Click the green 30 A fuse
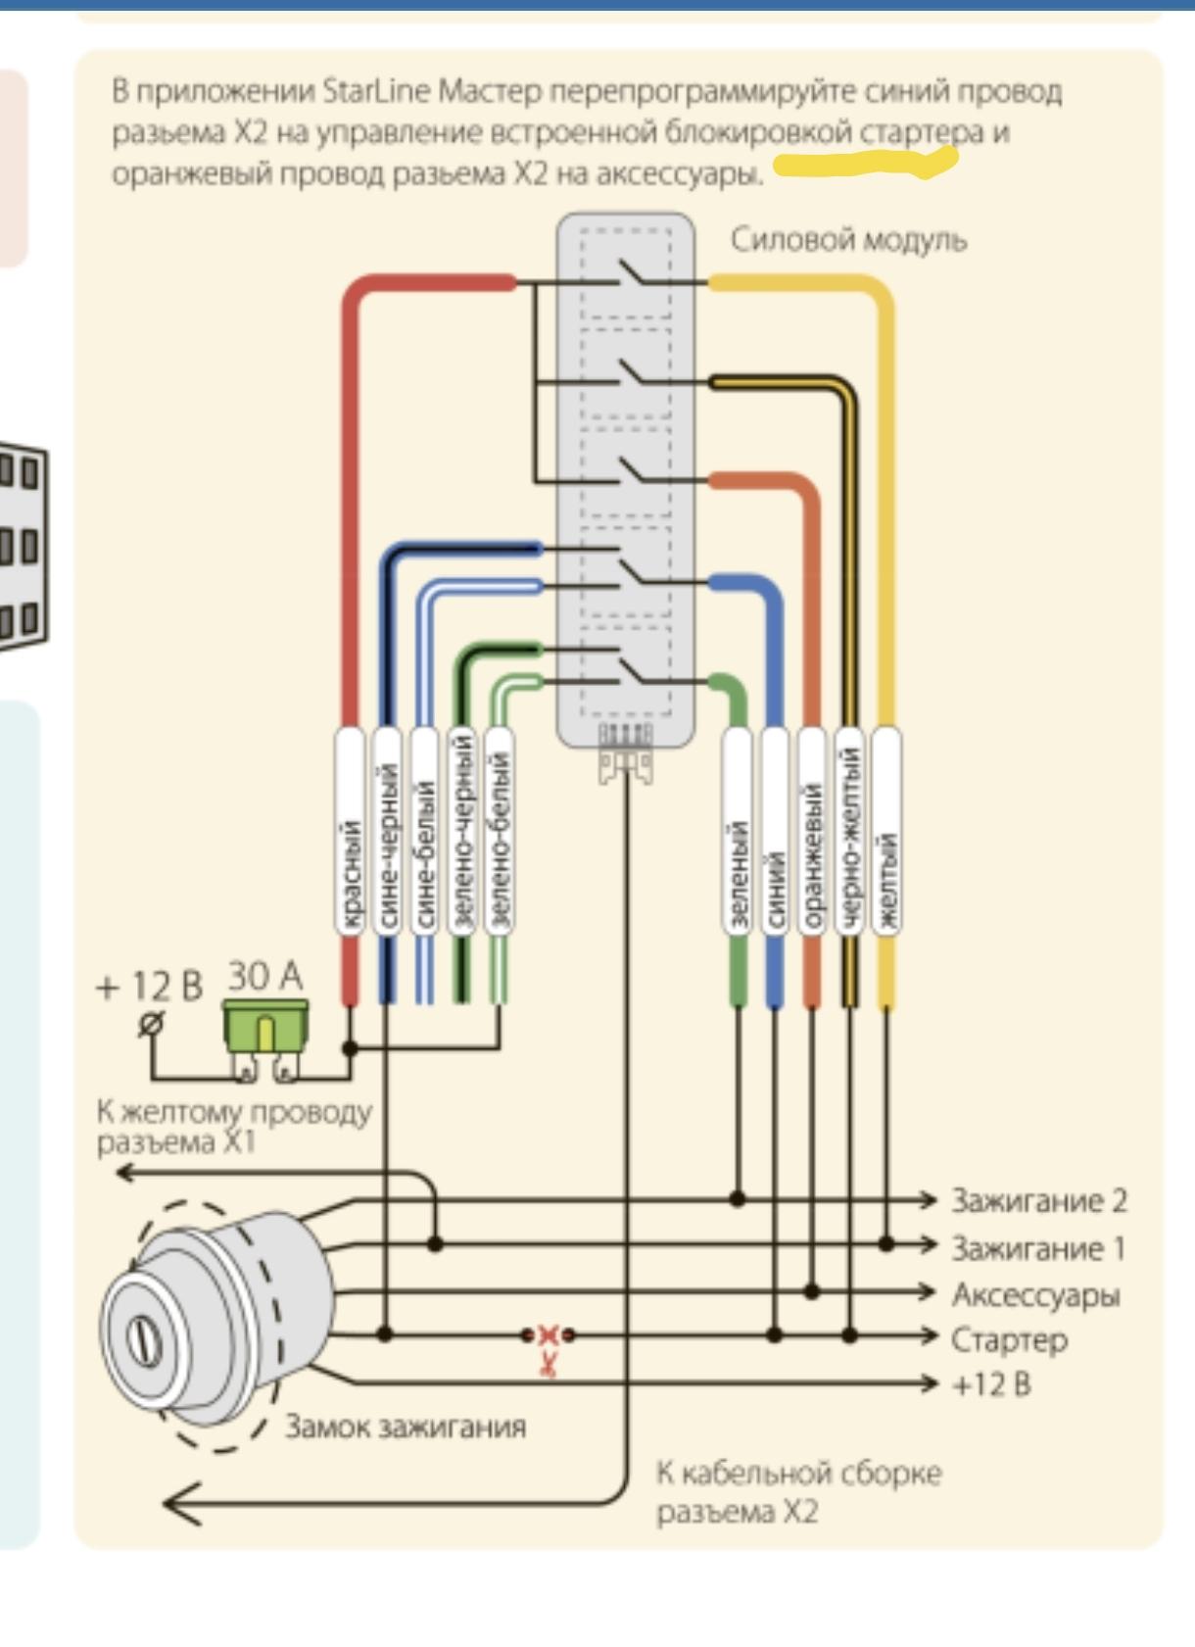click(x=264, y=1026)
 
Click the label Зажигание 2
click(x=1038, y=1200)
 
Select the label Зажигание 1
click(x=1038, y=1247)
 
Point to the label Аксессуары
click(x=1035, y=1294)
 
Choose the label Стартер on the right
click(x=1009, y=1339)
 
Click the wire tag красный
click(x=351, y=833)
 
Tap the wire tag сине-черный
click(x=388, y=833)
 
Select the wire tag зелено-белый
click(x=500, y=833)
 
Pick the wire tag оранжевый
click(x=811, y=833)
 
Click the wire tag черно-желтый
click(x=849, y=833)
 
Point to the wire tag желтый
click(x=886, y=833)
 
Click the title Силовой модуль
click(x=848, y=240)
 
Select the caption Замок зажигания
click(x=405, y=1427)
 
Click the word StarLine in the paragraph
click(x=376, y=91)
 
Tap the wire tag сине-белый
click(x=424, y=833)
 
